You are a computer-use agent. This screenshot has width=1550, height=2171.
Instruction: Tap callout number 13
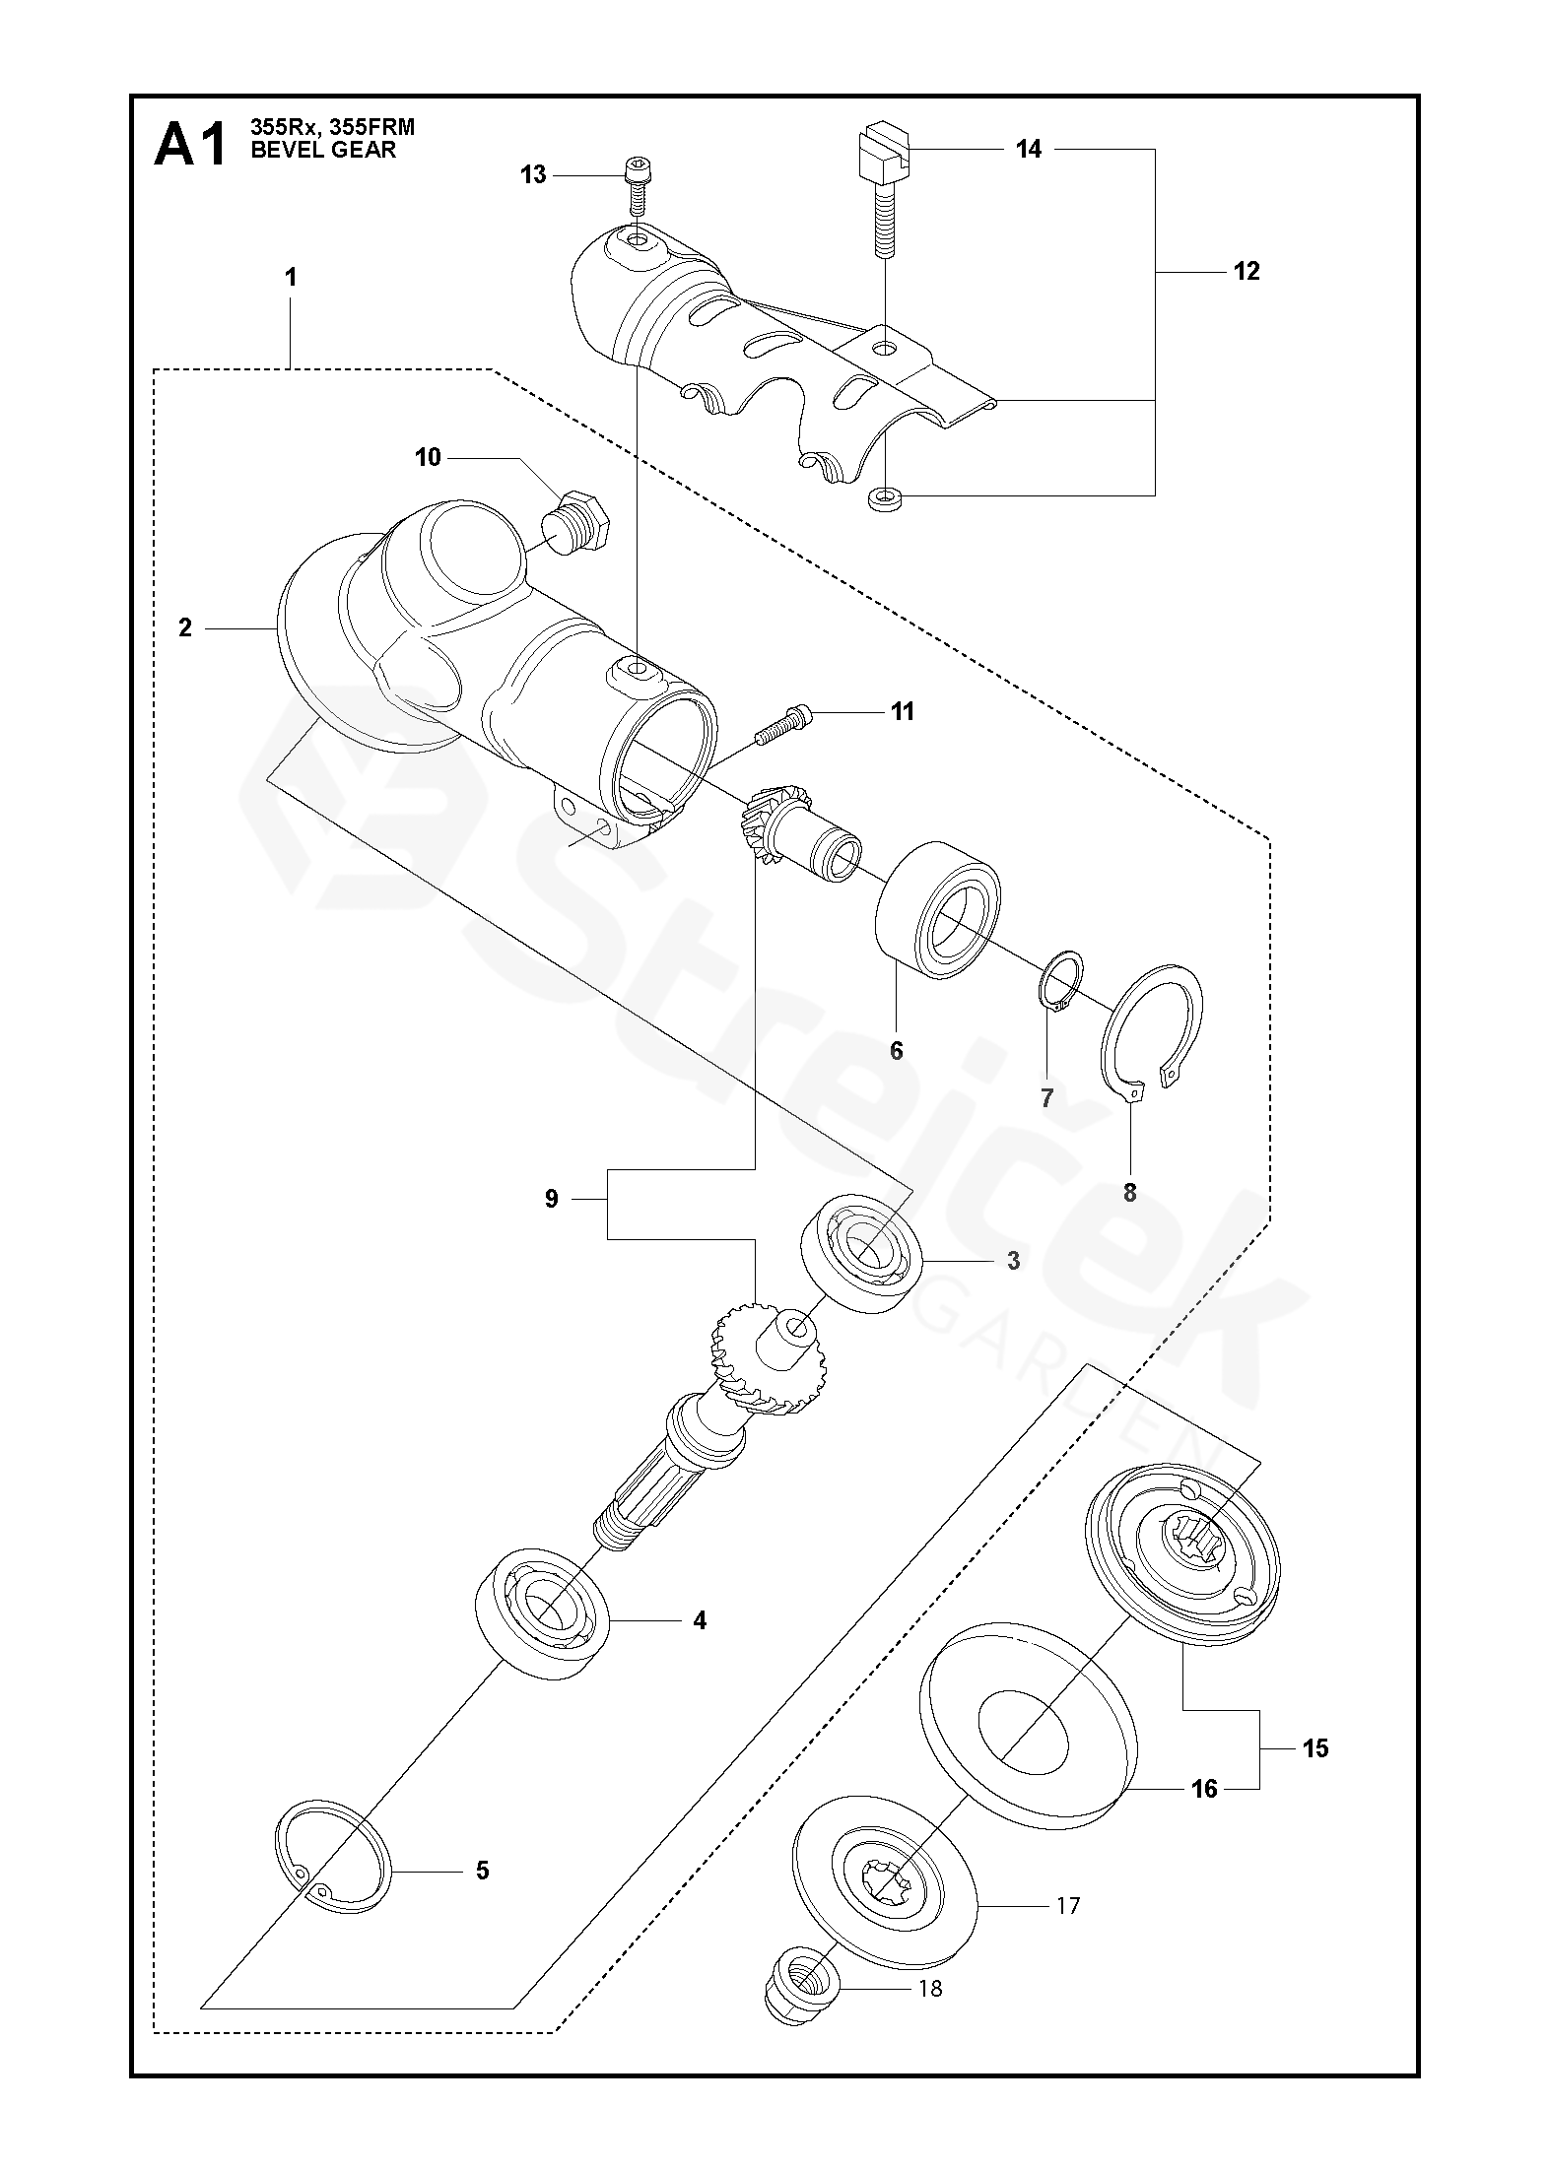click(x=533, y=175)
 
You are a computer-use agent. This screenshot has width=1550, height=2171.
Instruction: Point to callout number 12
click(x=1247, y=271)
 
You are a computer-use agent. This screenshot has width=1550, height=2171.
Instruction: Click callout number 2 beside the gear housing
click(x=185, y=627)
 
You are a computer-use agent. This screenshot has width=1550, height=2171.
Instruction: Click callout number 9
click(x=552, y=1199)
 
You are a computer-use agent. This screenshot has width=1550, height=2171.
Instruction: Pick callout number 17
click(x=1068, y=1905)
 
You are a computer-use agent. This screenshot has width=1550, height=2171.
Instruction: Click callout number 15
click(x=1315, y=1748)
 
